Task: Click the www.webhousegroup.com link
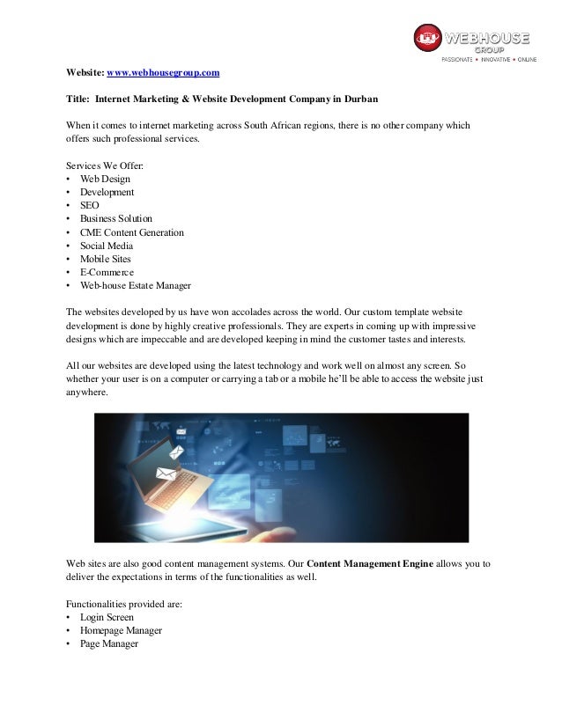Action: [163, 71]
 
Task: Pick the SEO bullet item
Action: [89, 205]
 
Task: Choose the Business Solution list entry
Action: [115, 218]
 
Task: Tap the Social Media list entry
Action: [106, 246]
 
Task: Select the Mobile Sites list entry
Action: [105, 260]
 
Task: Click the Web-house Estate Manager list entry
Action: [135, 286]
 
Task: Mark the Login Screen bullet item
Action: [107, 617]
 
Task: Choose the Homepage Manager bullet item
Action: [121, 630]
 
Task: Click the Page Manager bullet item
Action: [108, 643]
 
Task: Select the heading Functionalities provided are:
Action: [125, 604]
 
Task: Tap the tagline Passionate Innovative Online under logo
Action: [489, 59]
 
